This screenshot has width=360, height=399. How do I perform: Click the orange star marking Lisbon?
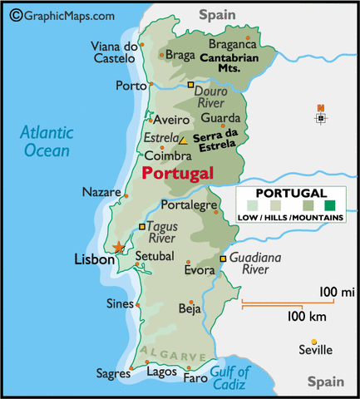coord(119,246)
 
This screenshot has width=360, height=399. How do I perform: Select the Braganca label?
coord(232,44)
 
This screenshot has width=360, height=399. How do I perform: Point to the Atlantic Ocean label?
coord(47,140)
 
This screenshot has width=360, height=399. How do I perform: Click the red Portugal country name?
coord(177,173)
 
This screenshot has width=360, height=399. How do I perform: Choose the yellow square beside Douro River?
coord(190,86)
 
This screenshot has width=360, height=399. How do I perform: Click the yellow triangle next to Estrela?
coord(183,140)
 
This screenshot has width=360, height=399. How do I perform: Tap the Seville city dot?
coord(314,342)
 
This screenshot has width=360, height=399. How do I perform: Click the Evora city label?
coord(200,270)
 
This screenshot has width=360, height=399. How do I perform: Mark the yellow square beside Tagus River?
coord(142,226)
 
